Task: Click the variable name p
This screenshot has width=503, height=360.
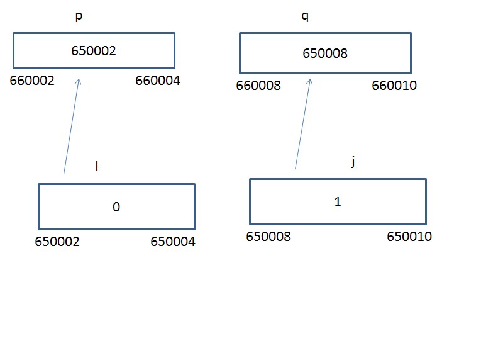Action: click(x=79, y=16)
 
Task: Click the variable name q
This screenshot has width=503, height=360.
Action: click(x=305, y=16)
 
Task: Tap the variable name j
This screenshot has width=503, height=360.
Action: click(x=353, y=161)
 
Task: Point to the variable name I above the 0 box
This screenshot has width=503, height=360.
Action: click(x=97, y=166)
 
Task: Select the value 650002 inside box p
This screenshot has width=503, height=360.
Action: click(x=93, y=51)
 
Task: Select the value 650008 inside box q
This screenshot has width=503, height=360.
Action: click(x=325, y=53)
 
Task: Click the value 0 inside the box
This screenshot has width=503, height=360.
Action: click(x=116, y=207)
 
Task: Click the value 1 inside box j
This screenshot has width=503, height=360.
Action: click(x=338, y=202)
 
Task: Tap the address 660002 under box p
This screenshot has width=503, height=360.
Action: click(x=32, y=81)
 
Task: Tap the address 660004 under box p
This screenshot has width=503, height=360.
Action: click(x=158, y=81)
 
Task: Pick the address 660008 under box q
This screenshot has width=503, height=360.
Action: click(x=258, y=86)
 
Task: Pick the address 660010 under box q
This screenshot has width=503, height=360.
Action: click(x=394, y=86)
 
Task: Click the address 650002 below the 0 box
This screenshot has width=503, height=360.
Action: click(x=57, y=242)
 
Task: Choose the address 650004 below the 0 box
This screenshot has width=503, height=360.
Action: click(x=173, y=242)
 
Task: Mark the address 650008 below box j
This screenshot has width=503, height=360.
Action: click(x=268, y=237)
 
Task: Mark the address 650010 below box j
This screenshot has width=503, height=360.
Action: click(x=409, y=237)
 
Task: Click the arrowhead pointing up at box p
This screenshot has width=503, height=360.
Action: click(x=78, y=79)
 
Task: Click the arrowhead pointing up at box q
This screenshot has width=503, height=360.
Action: click(x=310, y=79)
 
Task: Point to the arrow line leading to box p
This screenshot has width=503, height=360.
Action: click(x=71, y=127)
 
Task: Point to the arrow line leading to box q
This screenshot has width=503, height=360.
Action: click(x=302, y=123)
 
